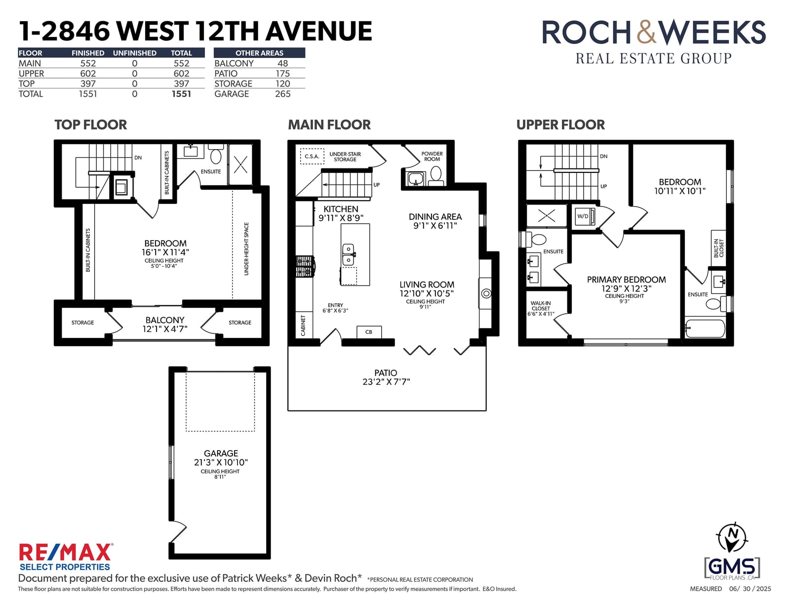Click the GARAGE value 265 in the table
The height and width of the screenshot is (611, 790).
pyautogui.click(x=282, y=94)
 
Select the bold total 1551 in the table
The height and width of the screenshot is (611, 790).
pyautogui.click(x=181, y=94)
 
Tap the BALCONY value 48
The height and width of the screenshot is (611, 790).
pyautogui.click(x=282, y=63)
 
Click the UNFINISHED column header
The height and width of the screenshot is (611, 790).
pyautogui.click(x=134, y=53)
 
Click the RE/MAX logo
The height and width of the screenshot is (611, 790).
pyautogui.click(x=66, y=557)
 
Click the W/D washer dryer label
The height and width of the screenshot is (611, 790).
pyautogui.click(x=583, y=216)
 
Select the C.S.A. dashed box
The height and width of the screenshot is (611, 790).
pyautogui.click(x=312, y=157)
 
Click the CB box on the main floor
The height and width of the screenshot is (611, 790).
pyautogui.click(x=369, y=332)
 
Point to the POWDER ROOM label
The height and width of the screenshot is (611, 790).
pyautogui.click(x=432, y=157)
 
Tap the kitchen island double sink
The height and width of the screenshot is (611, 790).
pyautogui.click(x=348, y=254)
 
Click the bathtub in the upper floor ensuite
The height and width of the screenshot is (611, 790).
pyautogui.click(x=705, y=328)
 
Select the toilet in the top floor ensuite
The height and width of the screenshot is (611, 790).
pyautogui.click(x=216, y=155)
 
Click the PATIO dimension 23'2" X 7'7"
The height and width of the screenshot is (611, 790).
pyautogui.click(x=386, y=382)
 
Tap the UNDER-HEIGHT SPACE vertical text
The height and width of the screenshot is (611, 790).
pyautogui.click(x=246, y=249)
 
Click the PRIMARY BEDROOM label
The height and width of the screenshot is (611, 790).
pyautogui.click(x=627, y=280)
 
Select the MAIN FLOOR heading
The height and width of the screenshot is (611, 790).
pyautogui.click(x=329, y=125)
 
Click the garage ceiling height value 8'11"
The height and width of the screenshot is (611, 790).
pyautogui.click(x=220, y=477)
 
